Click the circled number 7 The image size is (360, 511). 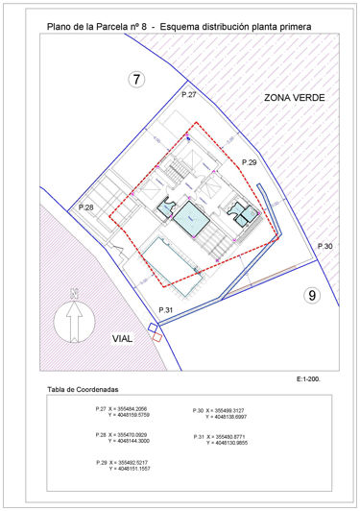pos(137,80)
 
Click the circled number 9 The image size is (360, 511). pos(310,295)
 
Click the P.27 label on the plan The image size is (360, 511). pos(189,95)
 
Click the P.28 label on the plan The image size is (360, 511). pos(85,208)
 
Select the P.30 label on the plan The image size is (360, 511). pos(324,248)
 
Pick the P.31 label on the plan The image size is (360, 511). pos(164,309)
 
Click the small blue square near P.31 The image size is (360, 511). pos(153,331)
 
